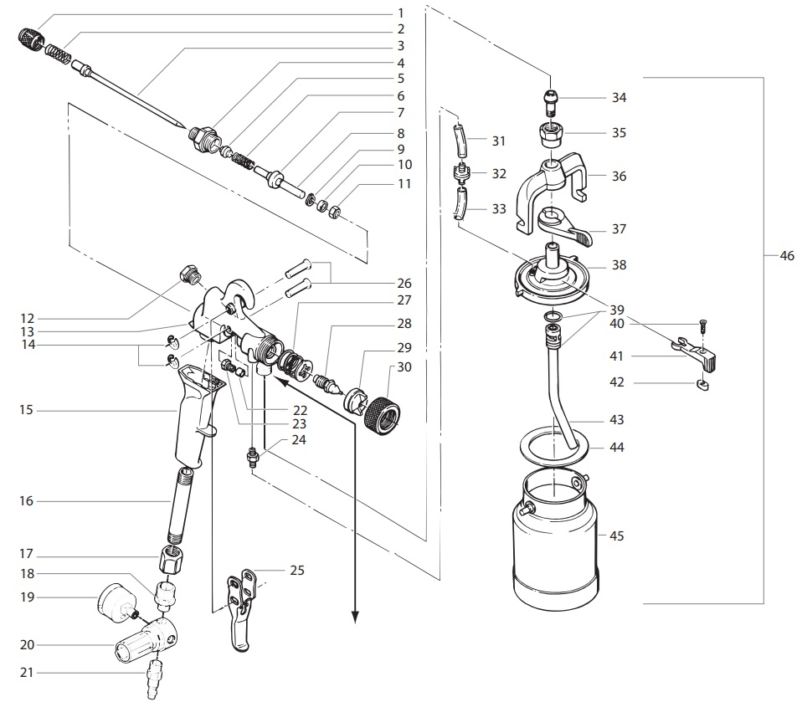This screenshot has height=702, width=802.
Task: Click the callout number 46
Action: pyautogui.click(x=786, y=257)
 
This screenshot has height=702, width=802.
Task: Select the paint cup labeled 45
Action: pyautogui.click(x=555, y=544)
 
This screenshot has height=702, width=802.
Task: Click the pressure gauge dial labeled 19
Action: pyautogui.click(x=115, y=600)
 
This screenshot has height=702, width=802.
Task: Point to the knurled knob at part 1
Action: pyautogui.click(x=30, y=38)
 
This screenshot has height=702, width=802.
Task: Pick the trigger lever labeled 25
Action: pyautogui.click(x=241, y=615)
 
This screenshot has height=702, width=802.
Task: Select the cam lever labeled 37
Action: pyautogui.click(x=563, y=227)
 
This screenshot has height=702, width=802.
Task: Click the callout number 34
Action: pyautogui.click(x=619, y=98)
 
